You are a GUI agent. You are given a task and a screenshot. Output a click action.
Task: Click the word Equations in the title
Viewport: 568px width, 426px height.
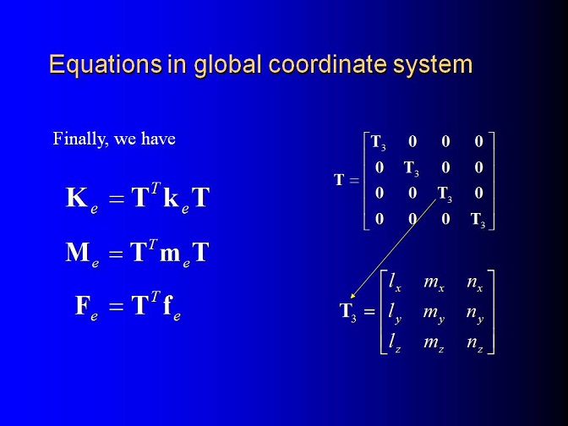pyautogui.click(x=106, y=65)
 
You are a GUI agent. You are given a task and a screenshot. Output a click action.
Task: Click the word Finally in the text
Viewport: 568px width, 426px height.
pyautogui.click(x=80, y=139)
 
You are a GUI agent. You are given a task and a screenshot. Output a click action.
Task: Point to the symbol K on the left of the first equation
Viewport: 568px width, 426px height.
pyautogui.click(x=76, y=198)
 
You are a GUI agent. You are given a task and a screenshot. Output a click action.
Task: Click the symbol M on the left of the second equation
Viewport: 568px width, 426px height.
pyautogui.click(x=78, y=252)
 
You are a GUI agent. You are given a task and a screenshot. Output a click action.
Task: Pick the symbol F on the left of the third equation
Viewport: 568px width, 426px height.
pyautogui.click(x=82, y=305)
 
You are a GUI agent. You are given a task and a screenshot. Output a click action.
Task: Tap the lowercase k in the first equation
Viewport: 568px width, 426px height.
pyautogui.click(x=172, y=198)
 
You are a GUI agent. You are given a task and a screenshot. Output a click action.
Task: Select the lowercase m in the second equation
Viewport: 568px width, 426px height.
pyautogui.click(x=170, y=254)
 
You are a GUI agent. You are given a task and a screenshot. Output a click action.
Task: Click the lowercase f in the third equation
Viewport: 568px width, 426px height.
pyautogui.click(x=167, y=304)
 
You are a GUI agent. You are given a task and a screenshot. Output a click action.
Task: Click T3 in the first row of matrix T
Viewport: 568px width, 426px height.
pyautogui.click(x=379, y=142)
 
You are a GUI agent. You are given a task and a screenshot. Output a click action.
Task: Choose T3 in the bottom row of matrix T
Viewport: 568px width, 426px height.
pyautogui.click(x=478, y=220)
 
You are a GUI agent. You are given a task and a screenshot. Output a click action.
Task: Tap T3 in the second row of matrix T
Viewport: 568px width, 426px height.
pyautogui.click(x=412, y=168)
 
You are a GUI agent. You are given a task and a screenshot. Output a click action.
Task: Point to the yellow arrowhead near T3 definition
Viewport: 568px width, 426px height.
pyautogui.click(x=353, y=296)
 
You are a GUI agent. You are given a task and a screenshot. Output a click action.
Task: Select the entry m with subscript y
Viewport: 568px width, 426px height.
pyautogui.click(x=434, y=314)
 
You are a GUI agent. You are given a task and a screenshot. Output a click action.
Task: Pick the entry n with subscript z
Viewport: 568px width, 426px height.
pyautogui.click(x=475, y=342)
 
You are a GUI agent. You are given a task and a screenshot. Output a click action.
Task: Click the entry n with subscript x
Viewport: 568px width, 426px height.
pyautogui.click(x=475, y=282)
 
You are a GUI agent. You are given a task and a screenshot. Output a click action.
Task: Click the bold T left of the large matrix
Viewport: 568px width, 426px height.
pyautogui.click(x=339, y=180)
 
